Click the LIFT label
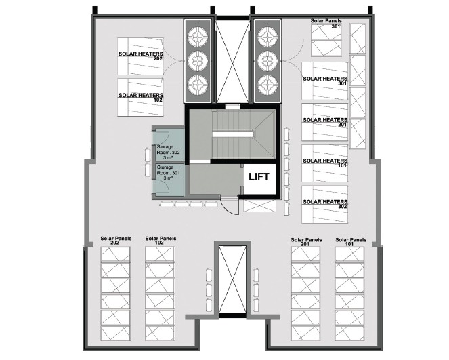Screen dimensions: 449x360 (x=259, y=177)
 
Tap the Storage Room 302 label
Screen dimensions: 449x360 (x=168, y=152)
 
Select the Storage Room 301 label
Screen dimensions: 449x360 (x=168, y=173)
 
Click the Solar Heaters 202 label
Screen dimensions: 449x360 (x=141, y=56)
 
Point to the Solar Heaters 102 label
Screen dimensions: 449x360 (x=141, y=97)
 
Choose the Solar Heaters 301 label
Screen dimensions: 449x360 (x=325, y=81)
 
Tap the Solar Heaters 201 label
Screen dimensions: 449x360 (x=325, y=122)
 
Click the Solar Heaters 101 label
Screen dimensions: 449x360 (x=325, y=163)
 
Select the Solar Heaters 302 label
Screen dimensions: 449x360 (x=325, y=204)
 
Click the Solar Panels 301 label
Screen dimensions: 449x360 (x=326, y=24)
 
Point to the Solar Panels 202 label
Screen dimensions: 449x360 (x=116, y=241)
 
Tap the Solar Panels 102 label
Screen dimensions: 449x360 (x=161, y=241)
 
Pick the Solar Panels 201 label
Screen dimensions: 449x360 (x=306, y=242)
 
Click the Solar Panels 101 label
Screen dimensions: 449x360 (x=351, y=242)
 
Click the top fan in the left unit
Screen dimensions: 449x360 (x=198, y=37)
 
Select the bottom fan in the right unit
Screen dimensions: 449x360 (x=268, y=85)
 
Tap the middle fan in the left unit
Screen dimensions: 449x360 (x=198, y=61)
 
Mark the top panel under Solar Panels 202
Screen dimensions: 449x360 (x=115, y=254)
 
